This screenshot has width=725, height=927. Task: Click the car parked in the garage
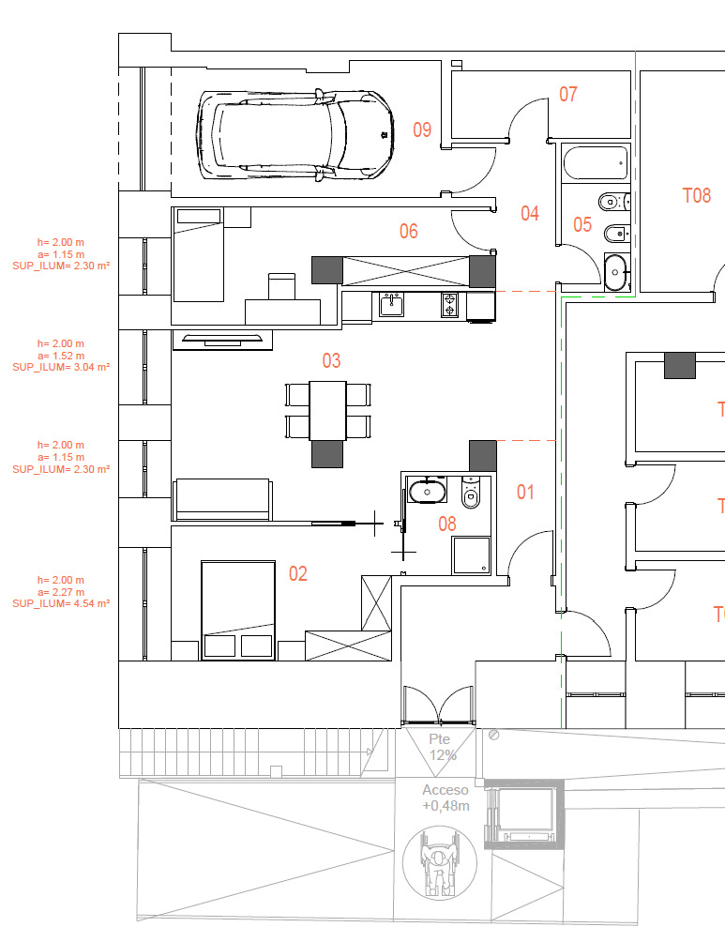295,134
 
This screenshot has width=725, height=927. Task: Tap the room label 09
422,129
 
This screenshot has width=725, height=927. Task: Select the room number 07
567,94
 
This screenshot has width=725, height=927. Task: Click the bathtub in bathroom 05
595,162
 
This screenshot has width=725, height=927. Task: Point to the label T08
697,195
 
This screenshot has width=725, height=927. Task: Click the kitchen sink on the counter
391,305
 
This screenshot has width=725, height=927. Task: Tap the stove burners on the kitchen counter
449,305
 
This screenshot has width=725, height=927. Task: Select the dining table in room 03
327,411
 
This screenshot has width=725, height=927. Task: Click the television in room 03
222,340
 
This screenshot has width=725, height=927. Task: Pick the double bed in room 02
238,610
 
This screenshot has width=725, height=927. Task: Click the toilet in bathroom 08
470,492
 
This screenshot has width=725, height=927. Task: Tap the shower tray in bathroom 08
471,555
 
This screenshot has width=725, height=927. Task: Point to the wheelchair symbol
439,862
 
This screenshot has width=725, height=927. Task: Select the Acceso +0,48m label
446,798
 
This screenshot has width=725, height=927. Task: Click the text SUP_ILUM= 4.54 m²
61,603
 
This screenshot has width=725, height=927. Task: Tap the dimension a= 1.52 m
61,356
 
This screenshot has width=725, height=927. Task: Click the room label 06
408,231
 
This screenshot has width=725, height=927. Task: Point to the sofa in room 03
222,500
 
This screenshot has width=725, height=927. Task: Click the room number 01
525,492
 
